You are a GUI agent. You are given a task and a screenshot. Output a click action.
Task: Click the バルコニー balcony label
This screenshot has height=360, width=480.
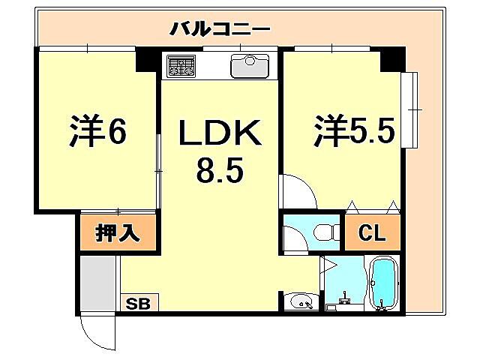[x=219, y=29]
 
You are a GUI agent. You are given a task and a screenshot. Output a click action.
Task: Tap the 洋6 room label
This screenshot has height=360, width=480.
[x=97, y=131]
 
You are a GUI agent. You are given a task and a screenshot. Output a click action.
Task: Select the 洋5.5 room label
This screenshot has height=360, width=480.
[x=354, y=131]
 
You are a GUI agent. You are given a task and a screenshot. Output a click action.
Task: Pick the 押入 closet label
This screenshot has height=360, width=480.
[x=118, y=232]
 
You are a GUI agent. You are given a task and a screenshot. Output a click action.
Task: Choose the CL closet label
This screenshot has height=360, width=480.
[x=372, y=232]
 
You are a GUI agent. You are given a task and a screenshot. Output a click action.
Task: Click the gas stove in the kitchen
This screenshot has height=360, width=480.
[x=181, y=66]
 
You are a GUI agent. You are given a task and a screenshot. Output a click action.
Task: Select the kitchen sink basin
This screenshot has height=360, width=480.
[x=248, y=67]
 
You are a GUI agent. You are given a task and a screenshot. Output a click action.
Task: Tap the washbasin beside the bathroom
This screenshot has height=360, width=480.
[x=302, y=302]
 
